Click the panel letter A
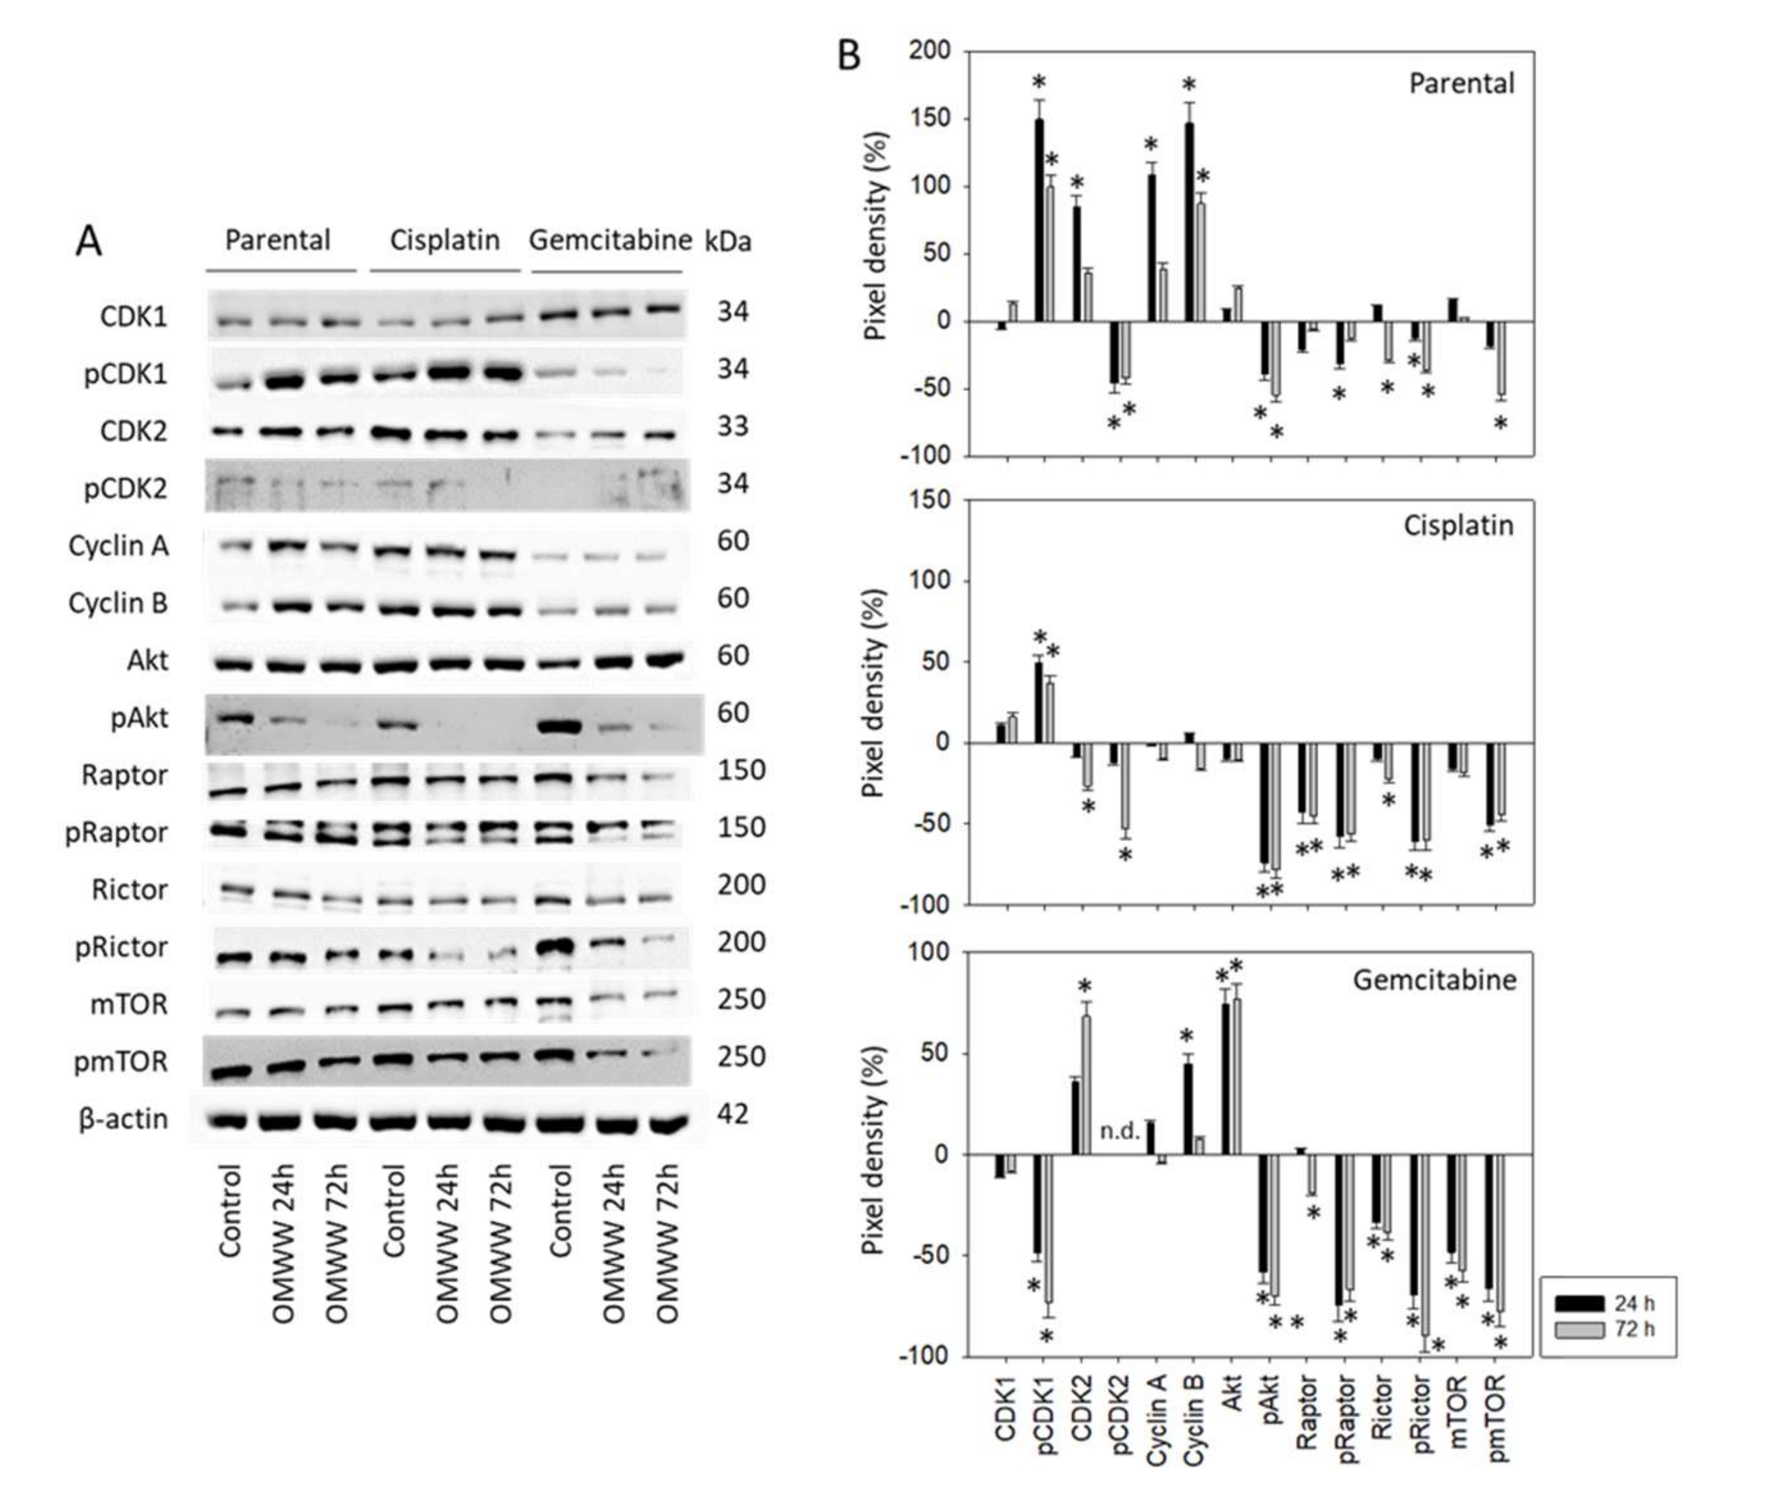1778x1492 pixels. pyautogui.click(x=89, y=242)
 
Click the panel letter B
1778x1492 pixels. pyautogui.click(x=848, y=56)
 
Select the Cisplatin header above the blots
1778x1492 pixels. pyautogui.click(x=444, y=241)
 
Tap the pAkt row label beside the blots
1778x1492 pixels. pyautogui.click(x=139, y=718)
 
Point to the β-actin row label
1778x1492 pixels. pyautogui.click(x=123, y=1120)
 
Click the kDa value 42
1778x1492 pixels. pyautogui.click(x=732, y=1114)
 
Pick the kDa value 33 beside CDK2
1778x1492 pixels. pyautogui.click(x=732, y=427)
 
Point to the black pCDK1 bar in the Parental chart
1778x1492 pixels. pyautogui.click(x=1039, y=220)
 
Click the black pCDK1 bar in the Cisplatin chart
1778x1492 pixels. pyautogui.click(x=1039, y=702)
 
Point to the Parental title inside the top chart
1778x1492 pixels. pyautogui.click(x=1462, y=84)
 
